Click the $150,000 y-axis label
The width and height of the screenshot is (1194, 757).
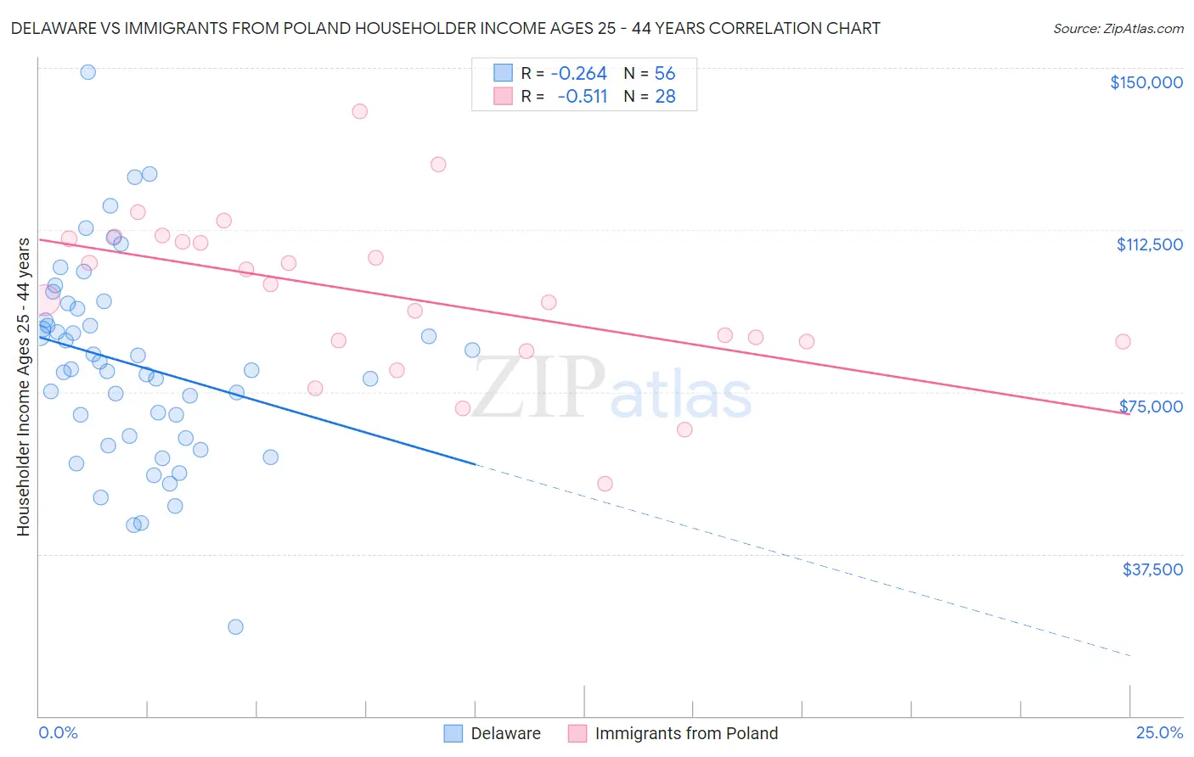pos(1146,82)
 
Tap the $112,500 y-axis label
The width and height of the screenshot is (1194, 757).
pos(1149,244)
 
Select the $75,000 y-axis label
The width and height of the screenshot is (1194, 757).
pos(1151,407)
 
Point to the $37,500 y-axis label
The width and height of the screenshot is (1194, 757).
pos(1152,569)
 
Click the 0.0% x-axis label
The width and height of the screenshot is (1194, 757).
pos(58,733)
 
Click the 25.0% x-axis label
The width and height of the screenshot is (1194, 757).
pos(1159,733)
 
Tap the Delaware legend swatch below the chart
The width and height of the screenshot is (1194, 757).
pos(453,733)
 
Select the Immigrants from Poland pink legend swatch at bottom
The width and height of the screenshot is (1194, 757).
pos(577,733)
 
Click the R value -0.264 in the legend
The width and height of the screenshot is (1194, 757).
pos(578,74)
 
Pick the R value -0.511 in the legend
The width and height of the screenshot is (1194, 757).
pos(582,97)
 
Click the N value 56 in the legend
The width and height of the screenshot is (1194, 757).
pos(665,74)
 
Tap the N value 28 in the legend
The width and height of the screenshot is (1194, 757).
pos(665,97)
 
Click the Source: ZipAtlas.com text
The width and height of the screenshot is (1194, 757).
pos(1118,29)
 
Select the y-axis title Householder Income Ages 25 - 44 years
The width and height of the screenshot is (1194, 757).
pos(23,387)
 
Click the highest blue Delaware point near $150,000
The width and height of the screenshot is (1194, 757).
pos(87,72)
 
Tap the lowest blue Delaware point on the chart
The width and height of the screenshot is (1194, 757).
pos(235,627)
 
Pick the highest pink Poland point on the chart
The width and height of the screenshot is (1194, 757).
pos(359,111)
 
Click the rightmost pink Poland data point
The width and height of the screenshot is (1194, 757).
pos(1123,342)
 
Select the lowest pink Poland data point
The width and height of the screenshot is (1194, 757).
pos(605,484)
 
